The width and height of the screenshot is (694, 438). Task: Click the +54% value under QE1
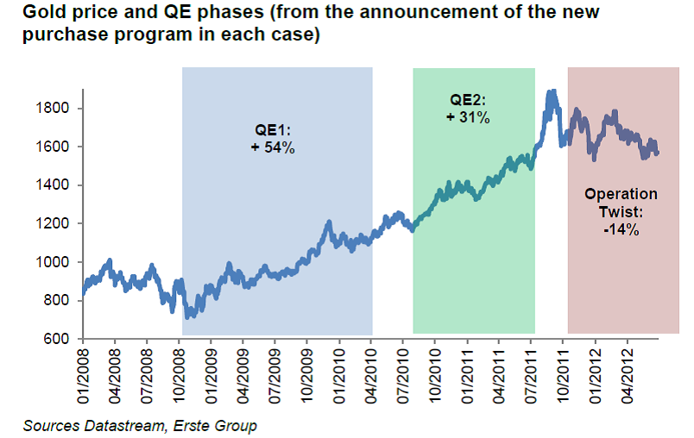[274, 148]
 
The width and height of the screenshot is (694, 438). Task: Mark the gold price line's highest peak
[551, 91]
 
